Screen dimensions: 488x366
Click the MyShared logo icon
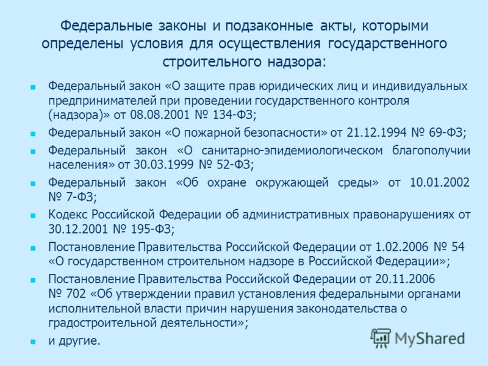pos(380,338)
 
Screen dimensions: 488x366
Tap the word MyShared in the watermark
pos(429,339)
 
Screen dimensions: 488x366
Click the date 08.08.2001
pos(160,115)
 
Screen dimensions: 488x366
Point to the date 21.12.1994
pos(376,132)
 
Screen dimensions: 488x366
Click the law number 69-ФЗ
pos(446,132)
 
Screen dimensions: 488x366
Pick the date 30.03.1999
pos(163,164)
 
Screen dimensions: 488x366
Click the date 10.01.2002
pos(440,182)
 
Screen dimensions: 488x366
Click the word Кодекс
pos(68,215)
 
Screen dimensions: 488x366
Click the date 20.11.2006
pos(405,279)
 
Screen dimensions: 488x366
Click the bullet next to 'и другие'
pos(33,342)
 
